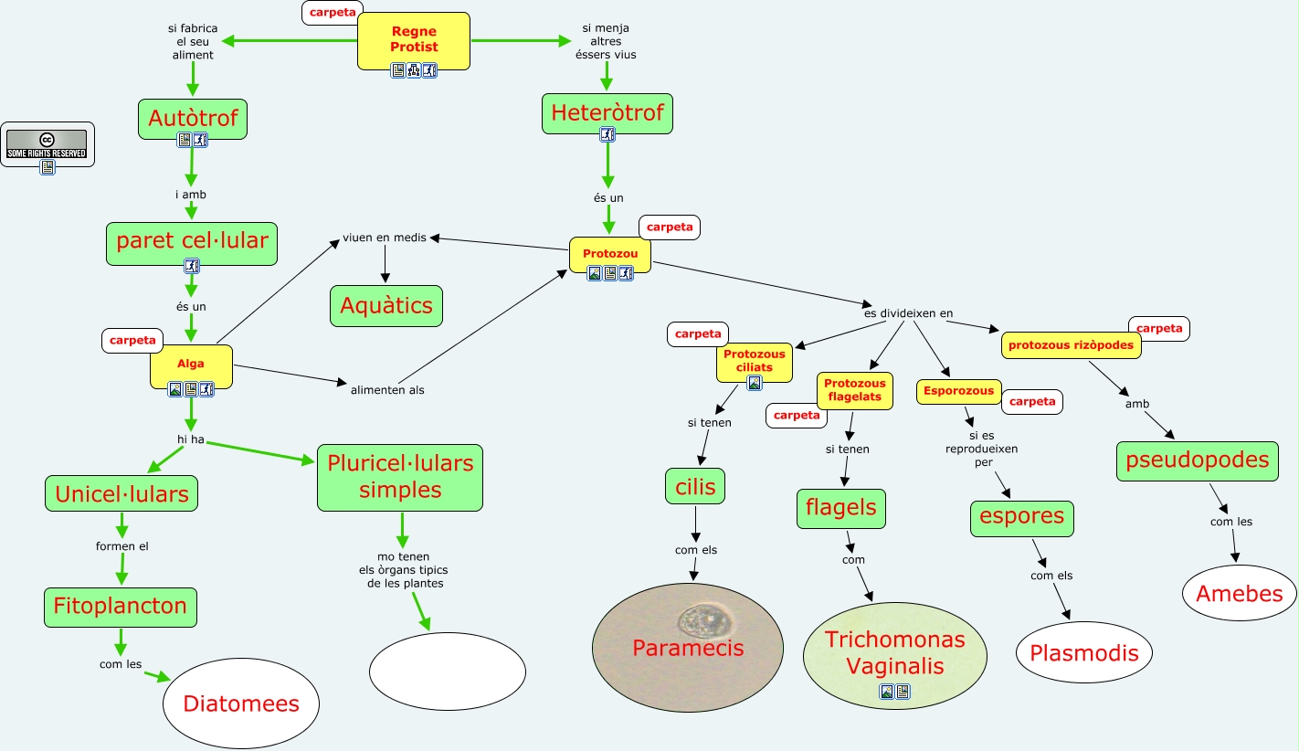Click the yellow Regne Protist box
click(x=413, y=40)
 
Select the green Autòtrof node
click(x=193, y=118)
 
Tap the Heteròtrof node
click(x=607, y=113)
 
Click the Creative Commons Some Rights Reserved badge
click(x=47, y=143)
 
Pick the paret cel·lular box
click(x=192, y=241)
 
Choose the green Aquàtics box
click(x=386, y=305)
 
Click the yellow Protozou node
click(x=609, y=253)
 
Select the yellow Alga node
click(x=191, y=365)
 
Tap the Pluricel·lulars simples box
click(x=400, y=477)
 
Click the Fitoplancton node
click(x=121, y=606)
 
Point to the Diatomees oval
click(x=241, y=703)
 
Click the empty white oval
click(x=448, y=672)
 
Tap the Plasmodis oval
click(x=1083, y=652)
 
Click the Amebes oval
click(x=1240, y=593)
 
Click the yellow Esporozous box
click(x=958, y=391)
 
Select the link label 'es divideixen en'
click(x=908, y=313)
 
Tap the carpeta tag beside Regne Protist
click(x=332, y=13)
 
